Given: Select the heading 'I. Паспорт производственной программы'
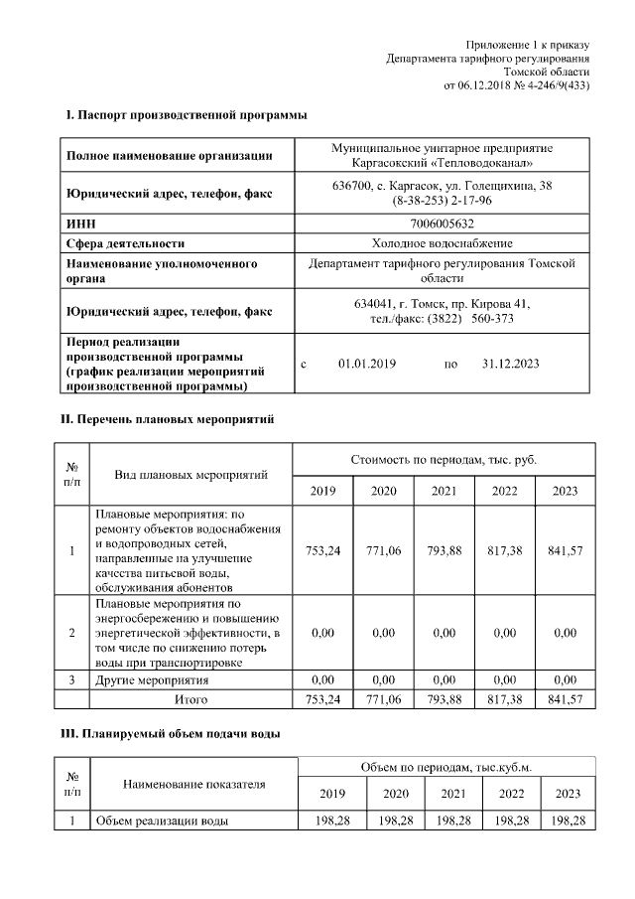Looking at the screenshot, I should click(186, 116).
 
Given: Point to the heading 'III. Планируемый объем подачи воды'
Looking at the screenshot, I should click(172, 734).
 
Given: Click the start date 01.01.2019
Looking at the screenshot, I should click(367, 365).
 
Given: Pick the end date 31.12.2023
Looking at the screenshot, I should click(510, 365).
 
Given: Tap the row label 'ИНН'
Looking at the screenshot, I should click(80, 224).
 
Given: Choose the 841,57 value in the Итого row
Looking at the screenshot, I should click(565, 699).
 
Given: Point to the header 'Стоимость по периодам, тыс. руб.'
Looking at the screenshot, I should click(444, 460).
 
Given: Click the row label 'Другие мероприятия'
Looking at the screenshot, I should click(151, 680).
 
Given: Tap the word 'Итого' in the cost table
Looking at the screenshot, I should click(190, 699).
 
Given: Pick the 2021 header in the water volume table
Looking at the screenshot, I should click(452, 794).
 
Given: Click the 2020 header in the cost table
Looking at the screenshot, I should click(383, 491).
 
